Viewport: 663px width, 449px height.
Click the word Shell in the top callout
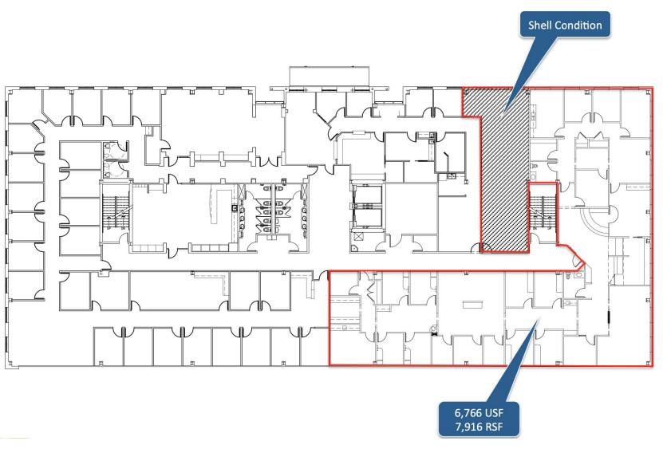point(539,25)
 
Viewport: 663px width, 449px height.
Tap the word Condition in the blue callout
point(578,25)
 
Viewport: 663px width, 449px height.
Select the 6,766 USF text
point(479,412)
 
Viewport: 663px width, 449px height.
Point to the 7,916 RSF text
point(479,427)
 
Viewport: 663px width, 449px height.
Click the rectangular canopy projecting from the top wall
point(329,77)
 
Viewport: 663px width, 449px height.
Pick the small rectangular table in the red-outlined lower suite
point(472,305)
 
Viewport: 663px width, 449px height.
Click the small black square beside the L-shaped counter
point(234,208)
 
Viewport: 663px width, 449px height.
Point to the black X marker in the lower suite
point(434,334)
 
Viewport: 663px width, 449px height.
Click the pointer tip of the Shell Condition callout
point(503,115)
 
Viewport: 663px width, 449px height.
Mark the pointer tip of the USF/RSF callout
point(539,320)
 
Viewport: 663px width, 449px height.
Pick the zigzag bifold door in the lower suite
point(371,291)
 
